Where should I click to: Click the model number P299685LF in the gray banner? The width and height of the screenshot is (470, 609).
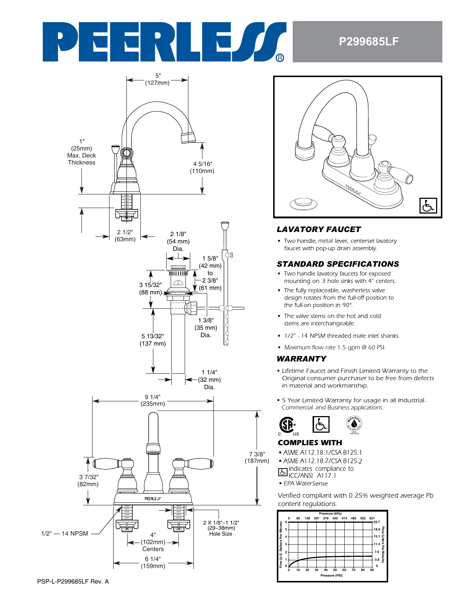pyautogui.click(x=368, y=42)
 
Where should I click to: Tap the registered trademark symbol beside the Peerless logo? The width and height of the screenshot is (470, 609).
pyautogui.click(x=280, y=58)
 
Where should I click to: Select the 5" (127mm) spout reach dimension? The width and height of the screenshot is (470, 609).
pyautogui.click(x=157, y=79)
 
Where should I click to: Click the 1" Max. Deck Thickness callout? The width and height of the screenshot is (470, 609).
pyautogui.click(x=81, y=152)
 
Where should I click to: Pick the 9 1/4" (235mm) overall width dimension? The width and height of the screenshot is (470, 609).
pyautogui.click(x=153, y=400)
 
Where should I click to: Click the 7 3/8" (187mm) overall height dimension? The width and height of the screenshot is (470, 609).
pyautogui.click(x=257, y=457)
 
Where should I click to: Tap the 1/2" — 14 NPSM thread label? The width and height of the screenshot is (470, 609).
pyautogui.click(x=65, y=533)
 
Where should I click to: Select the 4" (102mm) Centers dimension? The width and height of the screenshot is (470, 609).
pyautogui.click(x=153, y=542)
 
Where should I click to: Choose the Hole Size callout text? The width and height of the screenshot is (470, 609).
pyautogui.click(x=221, y=534)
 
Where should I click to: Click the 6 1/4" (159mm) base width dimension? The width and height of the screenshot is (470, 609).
pyautogui.click(x=153, y=562)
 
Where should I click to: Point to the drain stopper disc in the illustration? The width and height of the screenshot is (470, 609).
pyautogui.click(x=303, y=203)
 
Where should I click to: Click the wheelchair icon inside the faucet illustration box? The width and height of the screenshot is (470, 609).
pyautogui.click(x=428, y=206)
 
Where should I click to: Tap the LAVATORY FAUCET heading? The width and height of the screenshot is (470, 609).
pyautogui.click(x=318, y=229)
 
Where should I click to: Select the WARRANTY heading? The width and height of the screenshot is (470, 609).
pyautogui.click(x=302, y=359)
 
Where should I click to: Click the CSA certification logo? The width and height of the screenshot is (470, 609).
pyautogui.click(x=287, y=425)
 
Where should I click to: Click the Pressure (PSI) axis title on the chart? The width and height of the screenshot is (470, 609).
pyautogui.click(x=331, y=575)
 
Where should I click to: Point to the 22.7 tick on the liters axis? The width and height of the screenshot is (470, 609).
pyautogui.click(x=376, y=522)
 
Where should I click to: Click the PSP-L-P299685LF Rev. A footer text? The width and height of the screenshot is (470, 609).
pyautogui.click(x=73, y=582)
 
